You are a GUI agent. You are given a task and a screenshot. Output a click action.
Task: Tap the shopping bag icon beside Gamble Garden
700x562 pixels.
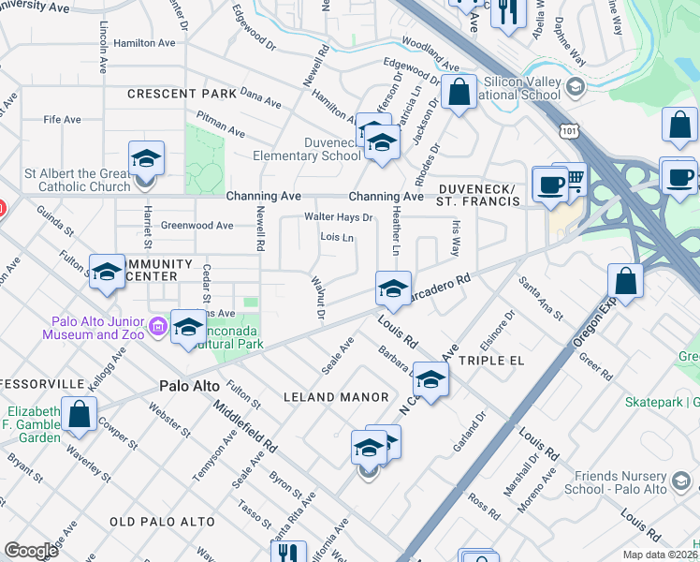[80, 415]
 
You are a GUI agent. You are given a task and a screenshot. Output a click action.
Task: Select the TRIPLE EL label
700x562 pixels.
[491, 360]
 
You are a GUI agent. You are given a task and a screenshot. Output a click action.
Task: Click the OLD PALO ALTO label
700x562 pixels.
[162, 521]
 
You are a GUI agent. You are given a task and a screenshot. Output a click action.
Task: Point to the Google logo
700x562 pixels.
[31, 551]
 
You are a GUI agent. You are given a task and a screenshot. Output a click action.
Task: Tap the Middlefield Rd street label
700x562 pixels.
[245, 427]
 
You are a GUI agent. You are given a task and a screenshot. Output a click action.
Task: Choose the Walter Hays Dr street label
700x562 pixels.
[338, 217]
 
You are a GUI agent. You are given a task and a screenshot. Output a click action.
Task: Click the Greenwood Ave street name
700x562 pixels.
[197, 226]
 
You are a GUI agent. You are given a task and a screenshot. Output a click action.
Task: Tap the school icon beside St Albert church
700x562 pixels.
[147, 159]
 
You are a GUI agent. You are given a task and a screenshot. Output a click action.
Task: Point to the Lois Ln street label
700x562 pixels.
[337, 238]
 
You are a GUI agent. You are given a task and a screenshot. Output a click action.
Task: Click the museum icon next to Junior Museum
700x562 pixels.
[157, 327]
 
